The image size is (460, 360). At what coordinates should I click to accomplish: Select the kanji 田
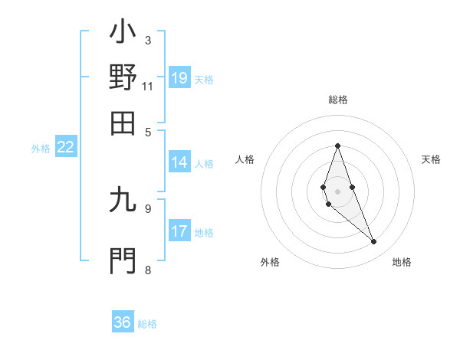click(123, 123)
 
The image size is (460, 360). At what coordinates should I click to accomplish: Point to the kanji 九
click(123, 200)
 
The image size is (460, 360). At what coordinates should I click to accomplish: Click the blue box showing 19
click(179, 77)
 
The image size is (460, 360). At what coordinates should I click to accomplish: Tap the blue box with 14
click(179, 162)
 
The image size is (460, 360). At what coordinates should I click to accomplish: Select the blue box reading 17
click(179, 231)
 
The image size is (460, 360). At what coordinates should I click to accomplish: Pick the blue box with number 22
click(66, 148)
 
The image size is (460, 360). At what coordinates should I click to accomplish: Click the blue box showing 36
click(123, 322)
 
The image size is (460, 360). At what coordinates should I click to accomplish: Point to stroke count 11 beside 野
click(148, 86)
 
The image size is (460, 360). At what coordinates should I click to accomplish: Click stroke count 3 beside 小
click(148, 40)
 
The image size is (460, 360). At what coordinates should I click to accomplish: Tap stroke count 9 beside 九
click(148, 208)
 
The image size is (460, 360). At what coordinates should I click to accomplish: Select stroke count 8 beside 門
click(148, 270)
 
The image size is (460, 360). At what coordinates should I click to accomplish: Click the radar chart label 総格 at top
click(337, 100)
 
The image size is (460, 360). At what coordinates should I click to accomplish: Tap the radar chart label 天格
click(431, 159)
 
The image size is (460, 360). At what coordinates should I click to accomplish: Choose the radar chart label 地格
click(402, 262)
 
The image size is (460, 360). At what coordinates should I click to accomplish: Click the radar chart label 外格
click(270, 262)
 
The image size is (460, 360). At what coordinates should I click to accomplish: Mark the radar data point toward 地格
click(373, 242)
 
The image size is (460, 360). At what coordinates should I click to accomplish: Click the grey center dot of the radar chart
click(337, 191)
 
